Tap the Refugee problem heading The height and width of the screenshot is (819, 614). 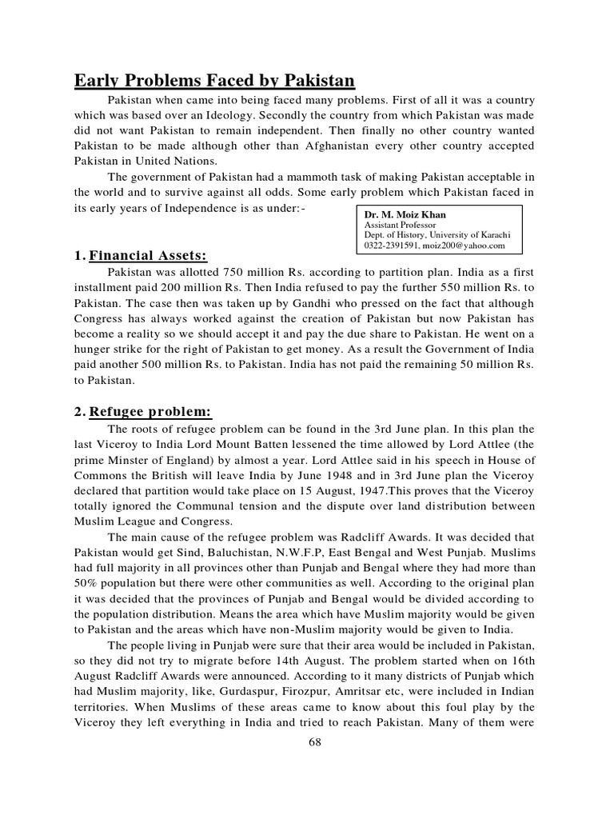(x=150, y=412)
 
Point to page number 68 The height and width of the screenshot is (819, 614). (x=313, y=743)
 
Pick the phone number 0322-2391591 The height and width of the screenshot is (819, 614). (x=390, y=245)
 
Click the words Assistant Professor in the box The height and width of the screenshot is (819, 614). (x=396, y=226)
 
